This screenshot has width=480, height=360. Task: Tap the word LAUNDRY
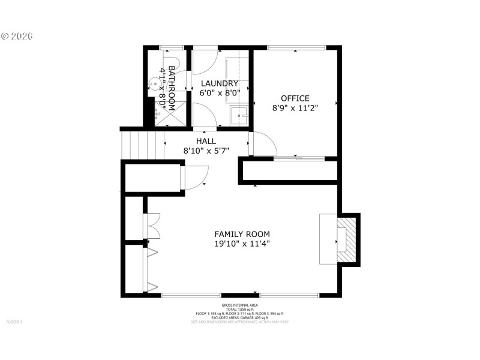[220, 83]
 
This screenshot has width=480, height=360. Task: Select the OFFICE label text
[295, 98]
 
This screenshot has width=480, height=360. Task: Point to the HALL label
[205, 142]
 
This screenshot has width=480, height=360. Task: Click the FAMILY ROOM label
[242, 234]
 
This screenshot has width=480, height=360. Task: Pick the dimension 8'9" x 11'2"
[295, 109]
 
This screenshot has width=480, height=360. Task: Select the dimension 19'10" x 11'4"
[242, 244]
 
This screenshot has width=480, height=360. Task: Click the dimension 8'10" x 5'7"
[205, 152]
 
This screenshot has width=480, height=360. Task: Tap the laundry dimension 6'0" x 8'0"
[220, 93]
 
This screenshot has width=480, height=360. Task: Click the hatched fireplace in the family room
[347, 240]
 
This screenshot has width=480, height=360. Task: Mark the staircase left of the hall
[143, 146]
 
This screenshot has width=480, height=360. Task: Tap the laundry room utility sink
[242, 115]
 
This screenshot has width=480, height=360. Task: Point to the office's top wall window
[296, 48]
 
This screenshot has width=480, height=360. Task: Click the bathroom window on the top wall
[172, 47]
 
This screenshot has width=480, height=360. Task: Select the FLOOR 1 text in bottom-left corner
[14, 322]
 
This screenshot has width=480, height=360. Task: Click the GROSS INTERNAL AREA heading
[239, 305]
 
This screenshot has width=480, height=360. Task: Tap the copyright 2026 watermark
[17, 36]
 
